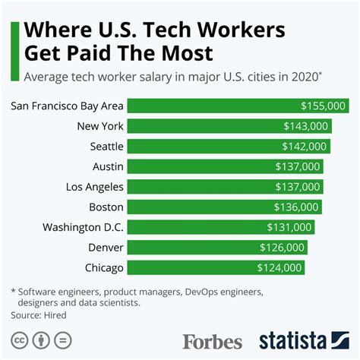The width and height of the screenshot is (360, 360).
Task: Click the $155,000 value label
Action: [324, 106]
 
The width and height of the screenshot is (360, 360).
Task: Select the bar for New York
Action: [228, 126]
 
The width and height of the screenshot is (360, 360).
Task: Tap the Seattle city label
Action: [103, 147]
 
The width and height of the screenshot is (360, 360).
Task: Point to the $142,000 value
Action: [305, 147]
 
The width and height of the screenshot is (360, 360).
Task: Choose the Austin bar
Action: [225, 166]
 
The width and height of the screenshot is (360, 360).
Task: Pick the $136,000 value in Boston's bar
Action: [298, 207]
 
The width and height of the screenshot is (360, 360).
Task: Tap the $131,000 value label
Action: [289, 227]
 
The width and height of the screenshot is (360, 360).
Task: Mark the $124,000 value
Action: [280, 267]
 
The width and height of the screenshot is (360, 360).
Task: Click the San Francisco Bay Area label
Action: [68, 106]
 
